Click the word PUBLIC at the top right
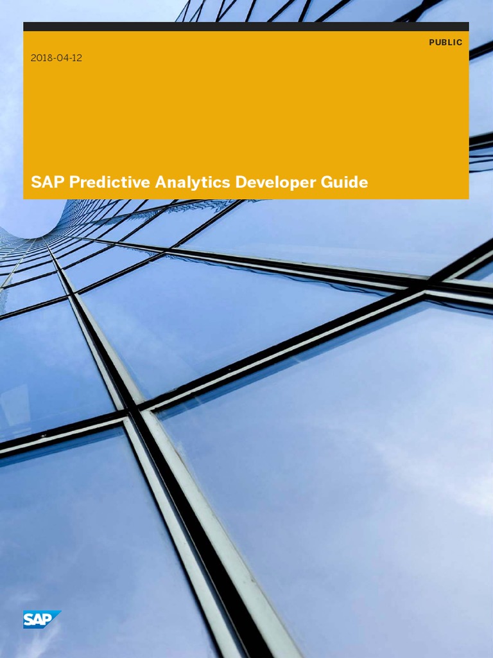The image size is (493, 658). click(x=445, y=42)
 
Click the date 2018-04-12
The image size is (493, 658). click(x=56, y=58)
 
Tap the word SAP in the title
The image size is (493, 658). click(x=48, y=182)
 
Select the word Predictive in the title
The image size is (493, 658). click(x=109, y=182)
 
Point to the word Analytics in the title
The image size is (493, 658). click(x=192, y=182)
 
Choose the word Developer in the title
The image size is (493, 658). click(x=275, y=182)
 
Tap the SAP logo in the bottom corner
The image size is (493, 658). click(x=42, y=619)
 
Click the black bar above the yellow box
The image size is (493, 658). click(x=246, y=26)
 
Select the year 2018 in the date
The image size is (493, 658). click(x=41, y=58)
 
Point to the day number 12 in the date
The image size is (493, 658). click(x=77, y=58)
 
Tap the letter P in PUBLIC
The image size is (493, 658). click(x=432, y=42)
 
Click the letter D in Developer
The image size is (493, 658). click(x=241, y=182)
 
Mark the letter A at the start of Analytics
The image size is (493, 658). click(x=160, y=182)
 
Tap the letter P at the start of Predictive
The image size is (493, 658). click(x=74, y=182)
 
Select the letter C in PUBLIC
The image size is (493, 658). click(x=459, y=42)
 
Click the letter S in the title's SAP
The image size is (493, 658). click(x=35, y=182)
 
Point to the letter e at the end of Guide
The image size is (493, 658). click(x=364, y=183)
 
